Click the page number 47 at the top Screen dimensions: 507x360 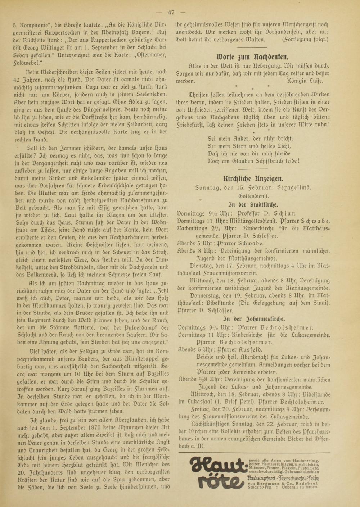pyautogui.click(x=171, y=12)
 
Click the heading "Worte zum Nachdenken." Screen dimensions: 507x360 pyautogui.click(x=252, y=56)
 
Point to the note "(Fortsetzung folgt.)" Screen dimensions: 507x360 pyautogui.click(x=305, y=39)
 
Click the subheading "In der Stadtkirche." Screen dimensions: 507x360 pyautogui.click(x=253, y=205)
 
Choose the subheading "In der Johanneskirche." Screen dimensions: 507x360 pyautogui.click(x=254, y=319)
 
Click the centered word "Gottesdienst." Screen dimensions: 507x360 pyautogui.click(x=253, y=196)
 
